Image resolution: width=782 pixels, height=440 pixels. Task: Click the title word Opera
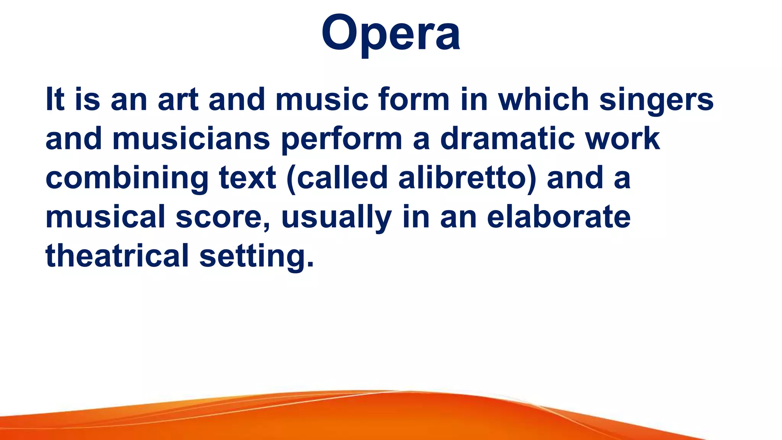tap(391, 34)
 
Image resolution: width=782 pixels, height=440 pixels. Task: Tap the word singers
tap(656, 100)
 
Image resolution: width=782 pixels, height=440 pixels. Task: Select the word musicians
tap(191, 139)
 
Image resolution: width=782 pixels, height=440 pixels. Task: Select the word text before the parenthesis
tap(247, 178)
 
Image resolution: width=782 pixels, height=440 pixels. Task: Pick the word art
tap(178, 100)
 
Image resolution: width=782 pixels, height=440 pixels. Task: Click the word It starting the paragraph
tap(55, 100)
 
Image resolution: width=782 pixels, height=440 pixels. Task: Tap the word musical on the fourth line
tap(105, 217)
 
